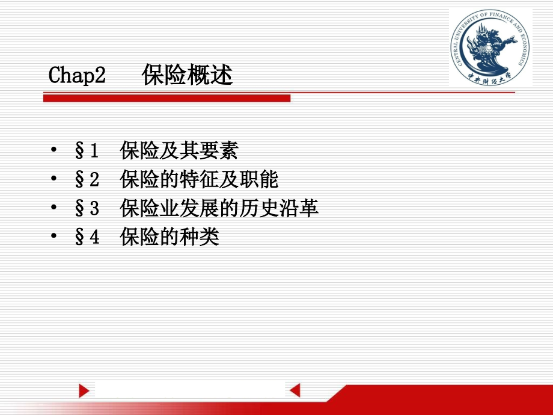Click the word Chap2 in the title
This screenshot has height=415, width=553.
[77, 75]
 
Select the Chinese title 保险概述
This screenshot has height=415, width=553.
[188, 75]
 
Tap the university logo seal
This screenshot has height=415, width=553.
[490, 48]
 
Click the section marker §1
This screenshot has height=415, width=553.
[87, 150]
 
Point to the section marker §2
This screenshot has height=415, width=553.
[87, 179]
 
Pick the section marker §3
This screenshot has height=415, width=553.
[87, 208]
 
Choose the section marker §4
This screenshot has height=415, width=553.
[87, 236]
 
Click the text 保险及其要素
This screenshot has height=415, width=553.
[179, 150]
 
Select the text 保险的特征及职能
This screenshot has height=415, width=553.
[200, 179]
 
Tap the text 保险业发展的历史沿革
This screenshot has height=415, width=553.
[219, 208]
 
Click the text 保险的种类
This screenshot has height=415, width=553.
[170, 236]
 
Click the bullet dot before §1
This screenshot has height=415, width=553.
[53, 149]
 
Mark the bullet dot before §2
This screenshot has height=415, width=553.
[53, 178]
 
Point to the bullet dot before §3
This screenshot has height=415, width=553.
[53, 207]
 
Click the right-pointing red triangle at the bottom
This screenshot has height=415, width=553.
[84, 390]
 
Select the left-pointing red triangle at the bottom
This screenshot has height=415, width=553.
[295, 390]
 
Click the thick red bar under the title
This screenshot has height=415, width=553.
[167, 98]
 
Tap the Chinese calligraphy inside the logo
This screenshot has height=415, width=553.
[489, 78]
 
